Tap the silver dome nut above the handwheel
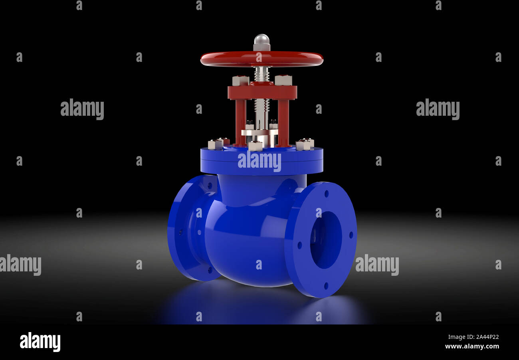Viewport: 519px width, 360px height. point(261,40)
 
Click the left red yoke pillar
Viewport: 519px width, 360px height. point(240,122)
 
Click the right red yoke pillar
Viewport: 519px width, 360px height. point(283,122)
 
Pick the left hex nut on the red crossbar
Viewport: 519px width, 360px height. point(240,81)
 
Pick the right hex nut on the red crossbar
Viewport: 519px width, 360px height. point(283,80)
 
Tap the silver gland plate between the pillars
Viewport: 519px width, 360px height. point(259,132)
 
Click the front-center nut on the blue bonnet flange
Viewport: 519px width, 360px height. point(255,146)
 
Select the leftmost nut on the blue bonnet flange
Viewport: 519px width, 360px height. point(215,144)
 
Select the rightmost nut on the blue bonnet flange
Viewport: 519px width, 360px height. point(304,145)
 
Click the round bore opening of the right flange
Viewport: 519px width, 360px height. point(326,239)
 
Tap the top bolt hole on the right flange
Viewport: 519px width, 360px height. point(326,194)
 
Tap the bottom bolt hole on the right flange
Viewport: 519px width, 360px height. point(326,286)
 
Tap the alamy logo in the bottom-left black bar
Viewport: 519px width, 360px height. point(40,342)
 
